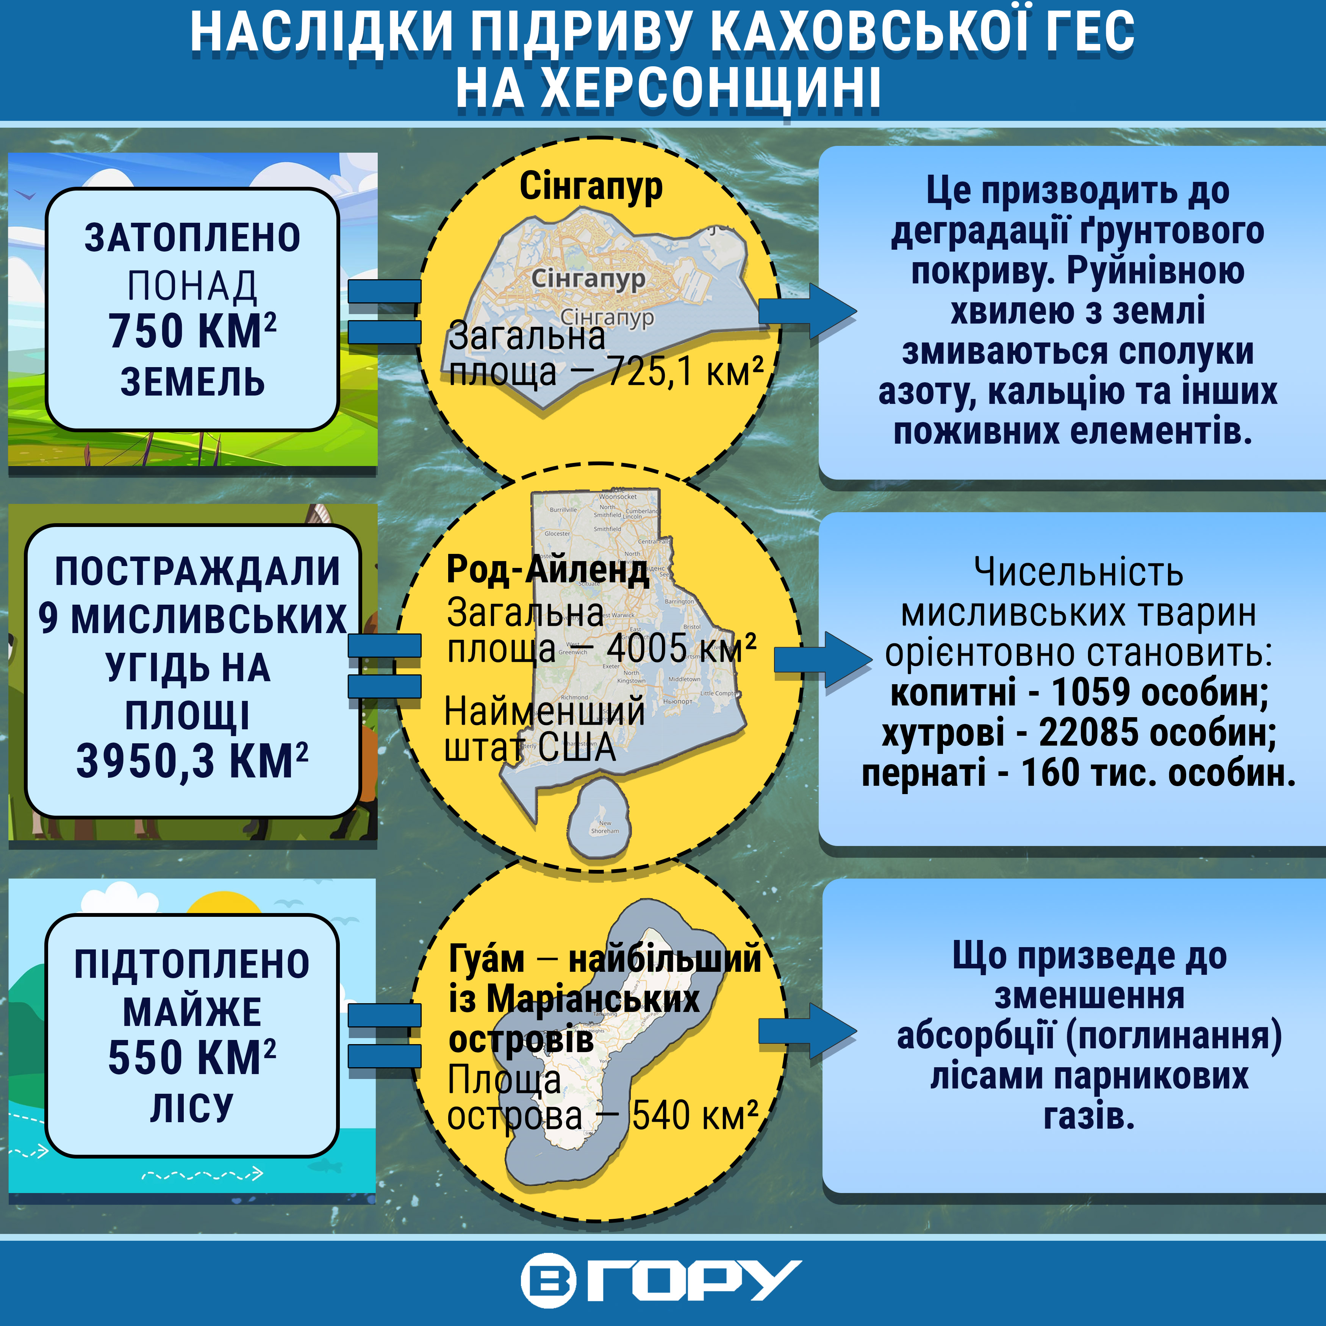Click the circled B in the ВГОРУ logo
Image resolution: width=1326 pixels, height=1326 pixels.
click(548, 1281)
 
